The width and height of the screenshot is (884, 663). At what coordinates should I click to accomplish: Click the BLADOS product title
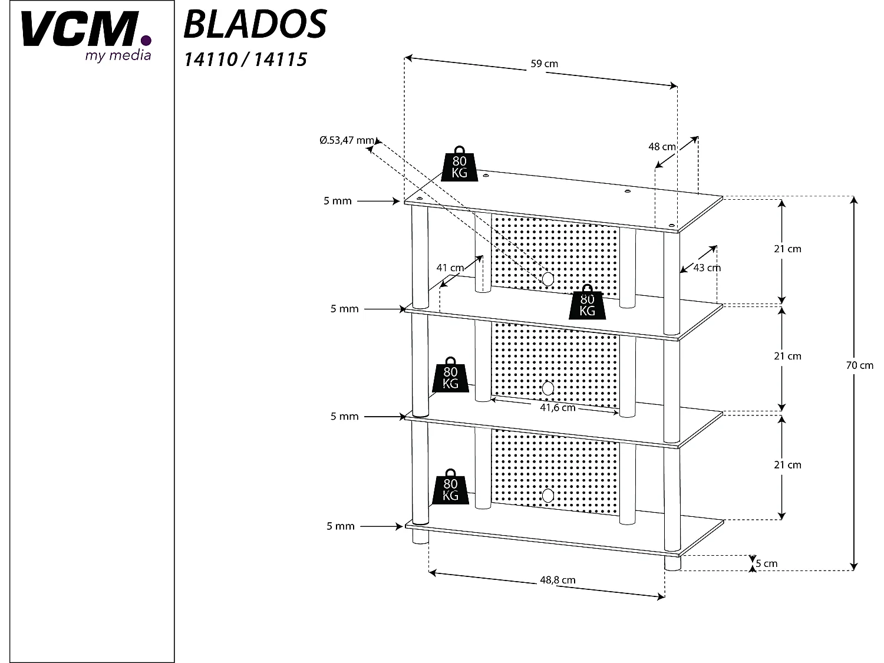pos(255,24)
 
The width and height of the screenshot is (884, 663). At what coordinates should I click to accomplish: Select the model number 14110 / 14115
pos(245,60)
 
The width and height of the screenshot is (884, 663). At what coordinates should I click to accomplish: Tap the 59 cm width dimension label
pos(544,64)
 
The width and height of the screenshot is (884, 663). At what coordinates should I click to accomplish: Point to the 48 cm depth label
pos(662,147)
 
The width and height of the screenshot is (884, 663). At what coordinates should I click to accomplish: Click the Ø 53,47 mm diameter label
pos(347,140)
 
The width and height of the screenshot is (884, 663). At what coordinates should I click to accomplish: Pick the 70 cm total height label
pos(859,365)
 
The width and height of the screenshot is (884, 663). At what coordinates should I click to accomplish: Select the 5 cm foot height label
pos(766,563)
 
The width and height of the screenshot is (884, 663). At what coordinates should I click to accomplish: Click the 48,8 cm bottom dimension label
pos(557,580)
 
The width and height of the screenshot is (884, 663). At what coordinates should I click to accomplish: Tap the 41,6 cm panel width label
pos(558,408)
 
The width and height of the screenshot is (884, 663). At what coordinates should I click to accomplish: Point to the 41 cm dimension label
pos(450,268)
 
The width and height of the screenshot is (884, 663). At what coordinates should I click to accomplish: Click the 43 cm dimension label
pos(707,268)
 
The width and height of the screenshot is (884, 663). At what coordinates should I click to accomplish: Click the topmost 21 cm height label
pos(787,249)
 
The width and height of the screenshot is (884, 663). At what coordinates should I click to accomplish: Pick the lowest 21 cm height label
pos(787,465)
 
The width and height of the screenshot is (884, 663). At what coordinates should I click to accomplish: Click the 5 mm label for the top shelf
pos(337,201)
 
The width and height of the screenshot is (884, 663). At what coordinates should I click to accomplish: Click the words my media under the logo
pos(118,55)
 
